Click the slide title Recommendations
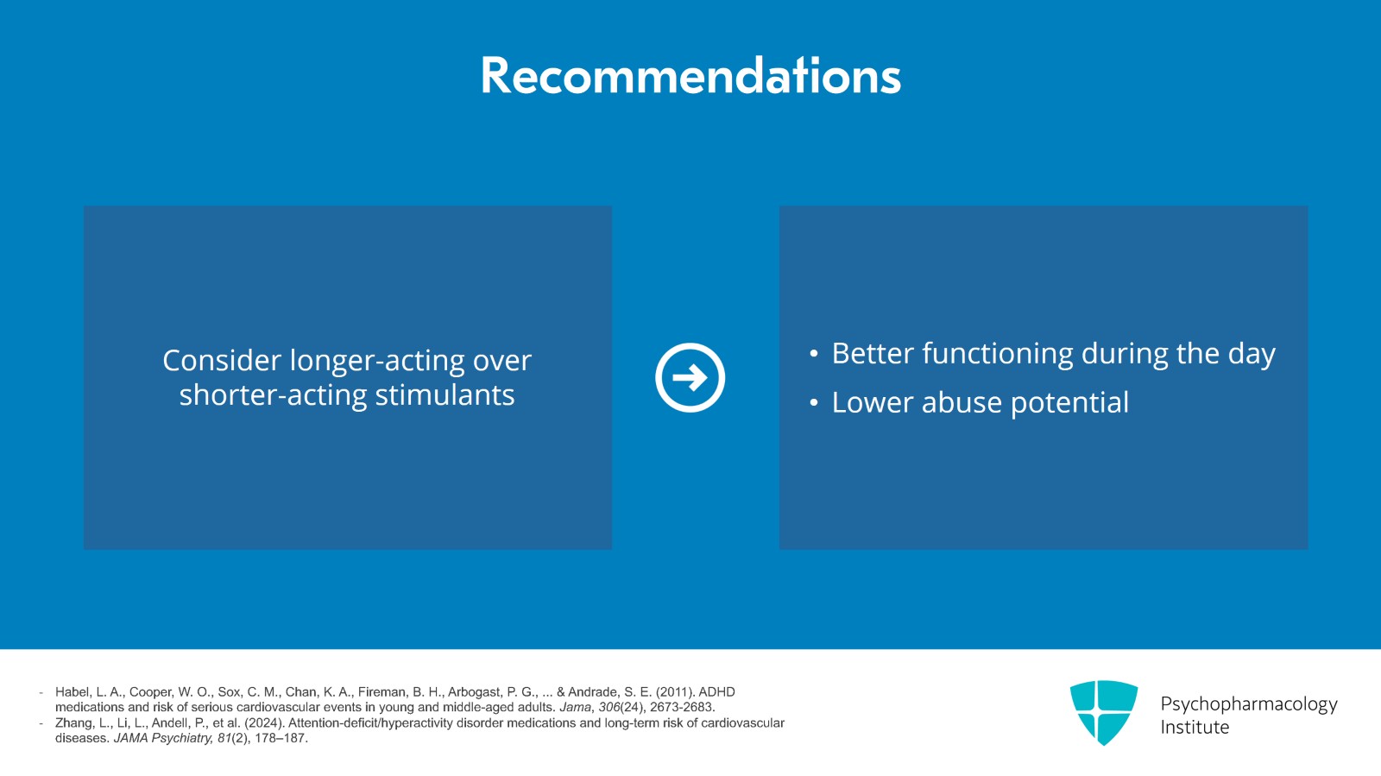pos(690,76)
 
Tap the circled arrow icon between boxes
pos(690,377)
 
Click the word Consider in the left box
pos(222,361)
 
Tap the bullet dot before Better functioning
pos(813,354)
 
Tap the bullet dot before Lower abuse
pos(813,403)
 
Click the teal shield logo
pos(1103,712)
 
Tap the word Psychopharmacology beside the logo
pos(1248,704)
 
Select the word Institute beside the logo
pos(1195,728)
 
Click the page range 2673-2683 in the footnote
pos(682,708)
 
